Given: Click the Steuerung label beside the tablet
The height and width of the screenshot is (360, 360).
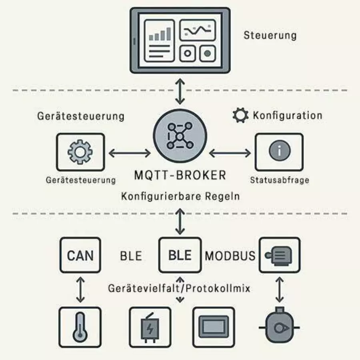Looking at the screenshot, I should click(x=270, y=35).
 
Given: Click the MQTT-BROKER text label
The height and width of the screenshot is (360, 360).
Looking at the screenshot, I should click(x=180, y=175).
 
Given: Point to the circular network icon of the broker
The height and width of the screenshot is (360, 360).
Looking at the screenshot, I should click(x=180, y=137).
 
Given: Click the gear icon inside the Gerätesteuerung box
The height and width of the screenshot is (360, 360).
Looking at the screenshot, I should click(x=80, y=152).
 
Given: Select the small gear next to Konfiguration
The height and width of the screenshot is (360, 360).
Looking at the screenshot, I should click(x=240, y=116).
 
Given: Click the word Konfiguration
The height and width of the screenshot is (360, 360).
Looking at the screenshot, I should click(x=287, y=116).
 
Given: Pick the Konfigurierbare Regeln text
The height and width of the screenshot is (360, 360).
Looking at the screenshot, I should click(x=180, y=197).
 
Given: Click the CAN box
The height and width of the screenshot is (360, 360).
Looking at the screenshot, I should click(x=80, y=255).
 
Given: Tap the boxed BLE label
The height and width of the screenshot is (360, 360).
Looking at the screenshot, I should click(x=180, y=255).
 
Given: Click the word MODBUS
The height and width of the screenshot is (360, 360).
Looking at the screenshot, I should click(x=230, y=256).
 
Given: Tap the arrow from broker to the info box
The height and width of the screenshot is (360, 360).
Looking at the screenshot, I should click(x=230, y=152).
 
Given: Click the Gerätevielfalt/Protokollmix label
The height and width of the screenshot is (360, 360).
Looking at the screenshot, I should click(x=179, y=288).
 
